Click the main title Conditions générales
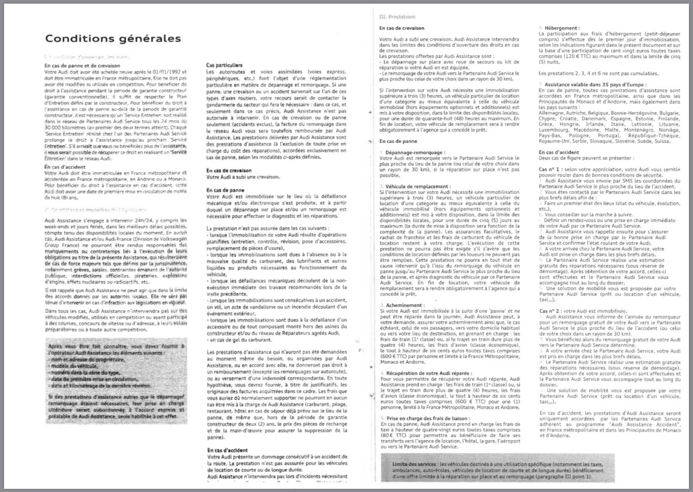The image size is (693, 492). point(113,38)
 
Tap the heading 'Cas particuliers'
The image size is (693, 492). point(224,65)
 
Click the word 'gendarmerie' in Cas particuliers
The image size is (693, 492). point(223,104)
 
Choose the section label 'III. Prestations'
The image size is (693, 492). point(397,17)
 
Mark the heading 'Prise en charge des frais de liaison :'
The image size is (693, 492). point(428,418)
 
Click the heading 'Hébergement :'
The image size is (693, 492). point(562,28)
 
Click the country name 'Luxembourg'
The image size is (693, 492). point(554,130)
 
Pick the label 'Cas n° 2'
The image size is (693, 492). point(550,311)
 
